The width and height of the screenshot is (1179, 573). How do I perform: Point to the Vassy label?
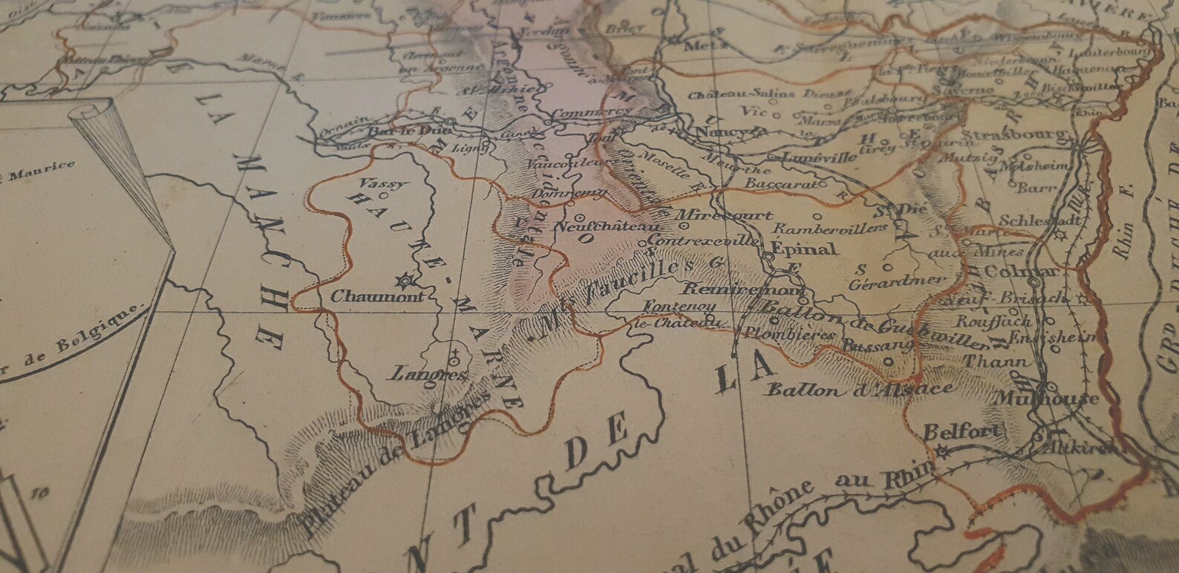click(x=373, y=182)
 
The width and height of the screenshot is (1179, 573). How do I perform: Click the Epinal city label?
click(x=804, y=248)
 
